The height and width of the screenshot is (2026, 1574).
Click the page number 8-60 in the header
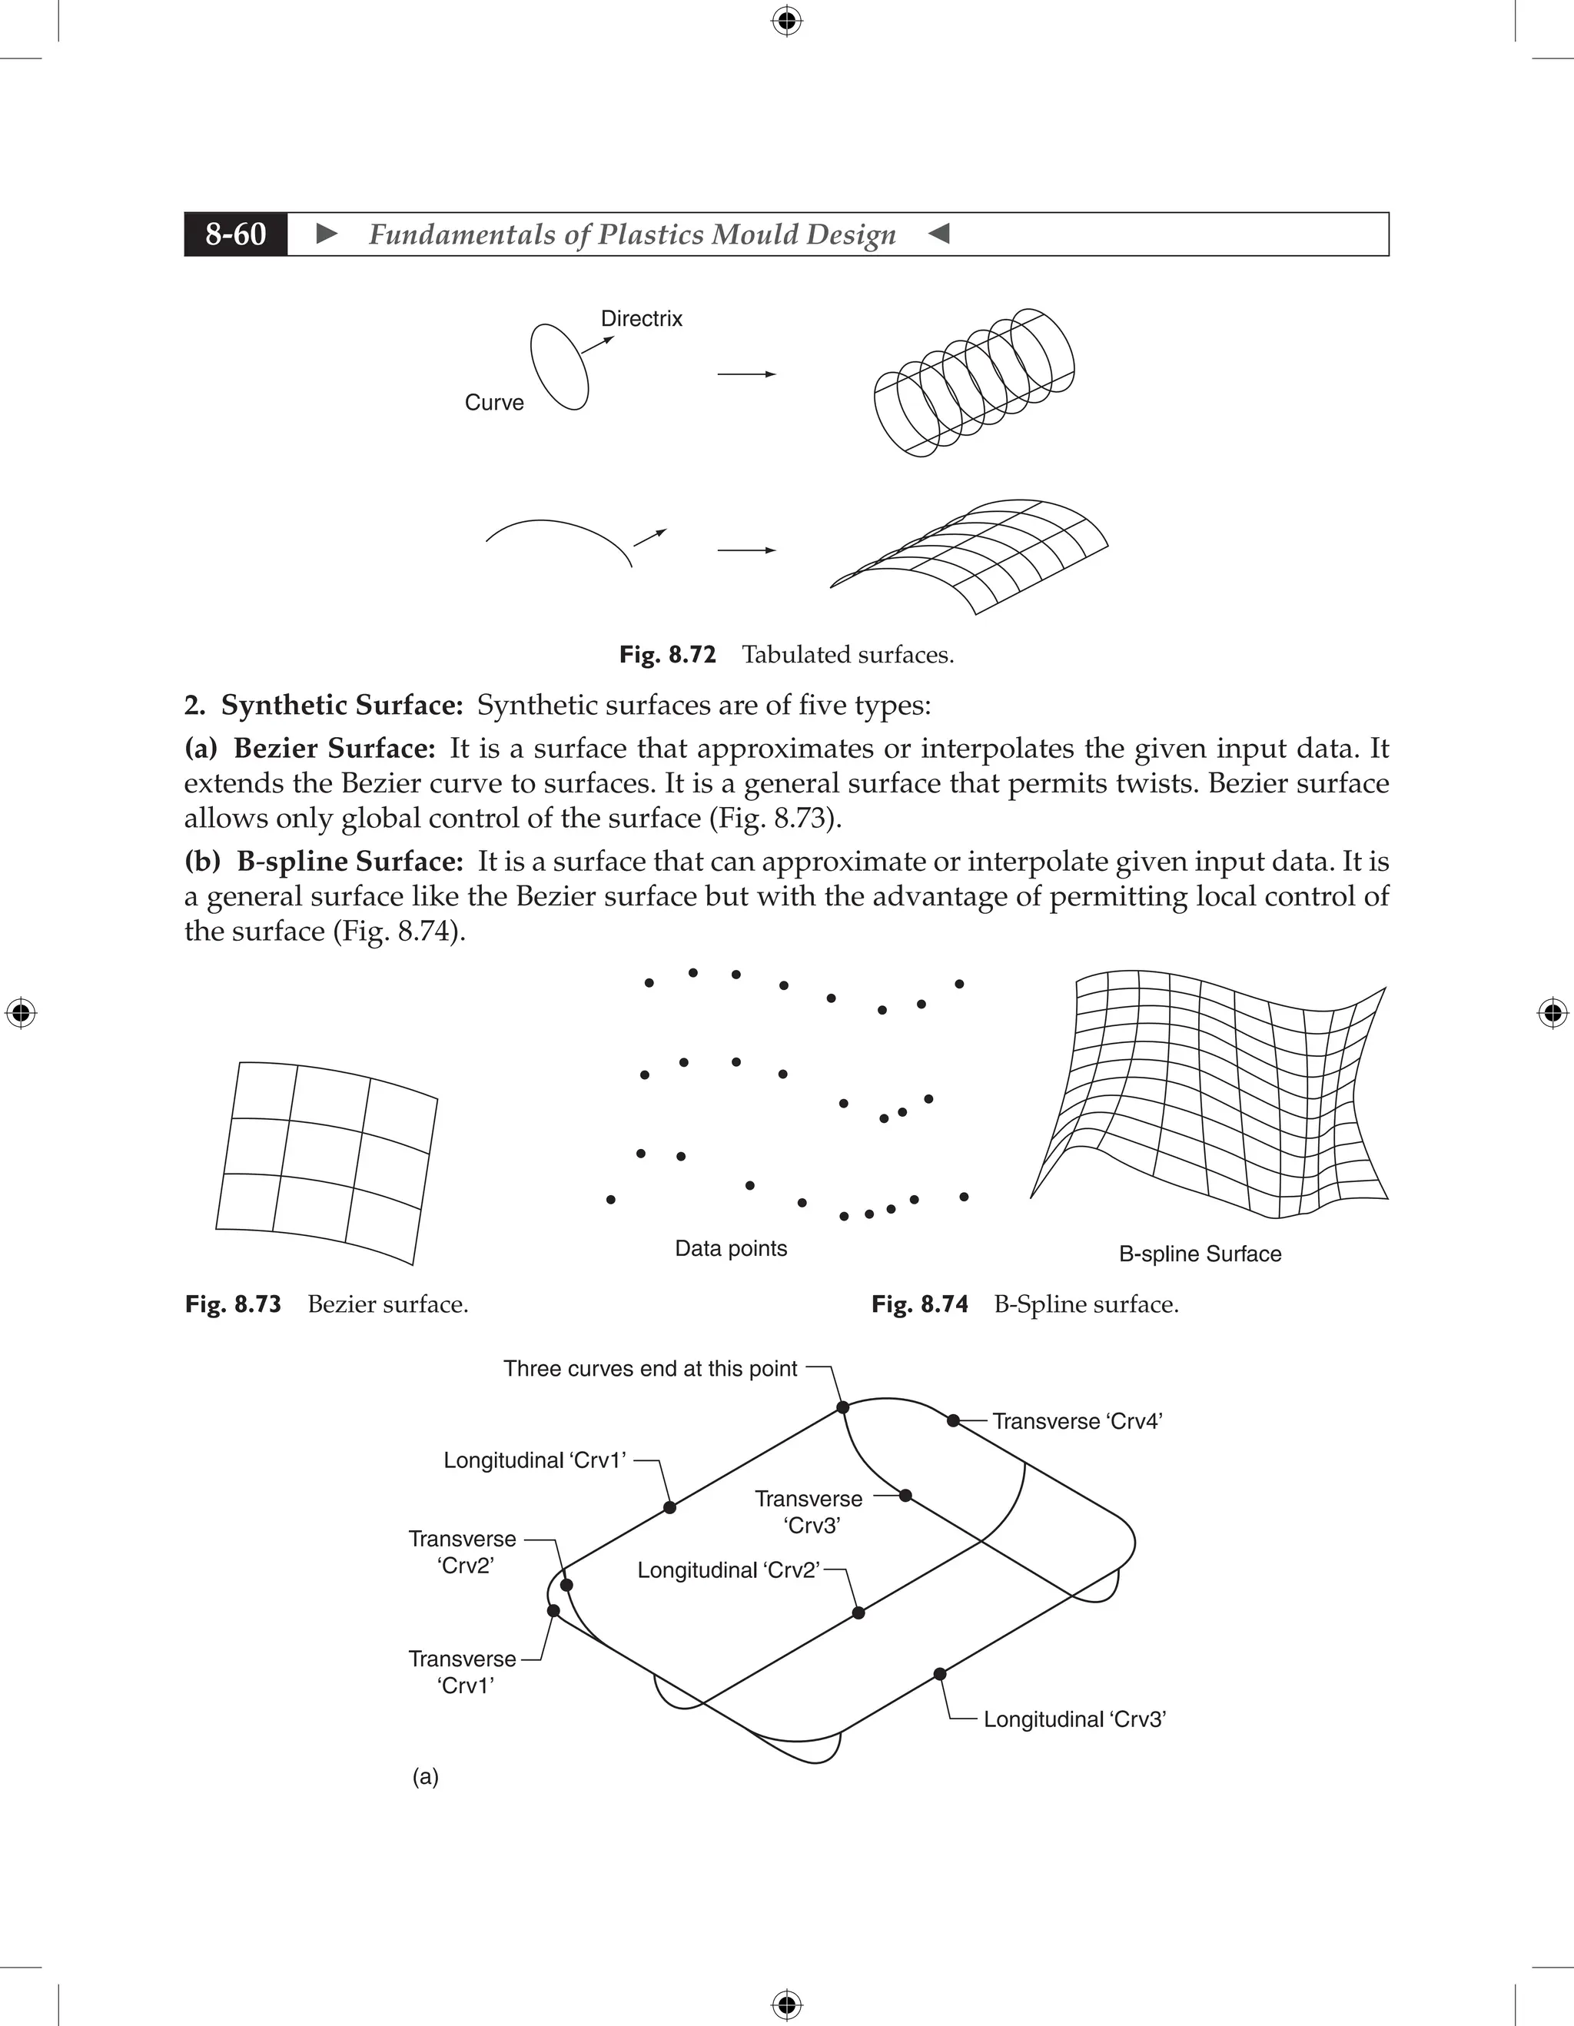pyautogui.click(x=236, y=234)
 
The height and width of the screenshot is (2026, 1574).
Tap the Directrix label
pyautogui.click(x=641, y=318)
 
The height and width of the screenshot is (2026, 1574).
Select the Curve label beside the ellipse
pyautogui.click(x=493, y=403)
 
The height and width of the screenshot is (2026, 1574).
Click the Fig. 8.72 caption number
pyautogui.click(x=667, y=655)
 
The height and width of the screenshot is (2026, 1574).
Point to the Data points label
pyautogui.click(x=730, y=1249)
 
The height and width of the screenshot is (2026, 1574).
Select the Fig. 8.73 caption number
pyautogui.click(x=233, y=1304)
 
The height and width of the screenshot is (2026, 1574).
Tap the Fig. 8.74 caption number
pyautogui.click(x=919, y=1304)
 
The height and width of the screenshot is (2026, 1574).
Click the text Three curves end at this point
pyautogui.click(x=649, y=1369)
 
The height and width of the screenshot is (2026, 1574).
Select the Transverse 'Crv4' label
pyautogui.click(x=1077, y=1421)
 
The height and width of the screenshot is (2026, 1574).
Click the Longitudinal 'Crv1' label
pyautogui.click(x=534, y=1460)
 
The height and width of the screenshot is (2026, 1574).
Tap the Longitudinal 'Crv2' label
pyautogui.click(x=728, y=1570)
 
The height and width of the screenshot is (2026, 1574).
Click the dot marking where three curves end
pyautogui.click(x=842, y=1407)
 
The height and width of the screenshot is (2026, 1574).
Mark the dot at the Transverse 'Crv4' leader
pyautogui.click(x=952, y=1420)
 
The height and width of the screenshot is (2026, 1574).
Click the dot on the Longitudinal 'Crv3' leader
pyautogui.click(x=940, y=1673)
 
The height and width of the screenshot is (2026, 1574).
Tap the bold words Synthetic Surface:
pyautogui.click(x=341, y=705)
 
